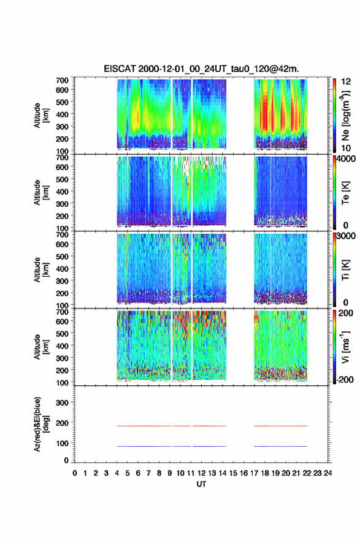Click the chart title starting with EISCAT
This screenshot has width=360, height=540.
click(201, 69)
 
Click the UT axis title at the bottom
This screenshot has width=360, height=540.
click(201, 484)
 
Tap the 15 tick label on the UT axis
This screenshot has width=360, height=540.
click(233, 473)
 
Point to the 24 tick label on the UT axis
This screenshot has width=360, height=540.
click(328, 473)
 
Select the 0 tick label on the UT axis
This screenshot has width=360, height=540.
click(75, 473)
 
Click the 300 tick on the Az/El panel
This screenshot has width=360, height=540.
click(62, 403)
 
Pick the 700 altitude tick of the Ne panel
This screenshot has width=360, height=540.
click(62, 80)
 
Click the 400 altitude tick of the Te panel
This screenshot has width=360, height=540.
click(62, 191)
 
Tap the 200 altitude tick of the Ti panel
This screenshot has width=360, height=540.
click(62, 293)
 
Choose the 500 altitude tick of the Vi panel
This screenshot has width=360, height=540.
click(62, 334)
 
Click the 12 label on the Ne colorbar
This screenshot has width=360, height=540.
click(346, 82)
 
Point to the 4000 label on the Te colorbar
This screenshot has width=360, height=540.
click(347, 159)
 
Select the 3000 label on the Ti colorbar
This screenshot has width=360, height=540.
click(347, 236)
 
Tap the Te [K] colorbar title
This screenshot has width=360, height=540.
click(345, 193)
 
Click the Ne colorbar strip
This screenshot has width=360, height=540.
click(334, 115)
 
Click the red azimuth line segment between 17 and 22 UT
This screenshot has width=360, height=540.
click(280, 426)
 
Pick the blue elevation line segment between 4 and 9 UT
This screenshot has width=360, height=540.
click(144, 446)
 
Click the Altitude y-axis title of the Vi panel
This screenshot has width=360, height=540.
click(41, 347)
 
